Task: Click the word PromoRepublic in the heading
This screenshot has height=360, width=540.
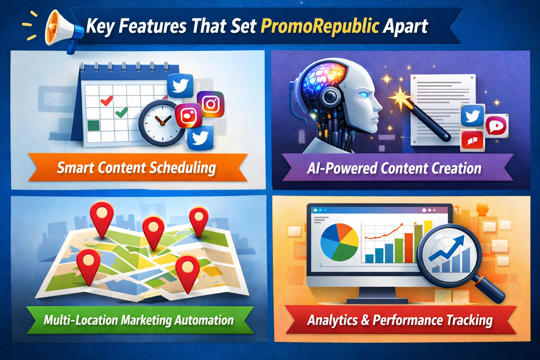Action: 320,26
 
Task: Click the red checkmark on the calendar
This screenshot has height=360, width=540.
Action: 106,101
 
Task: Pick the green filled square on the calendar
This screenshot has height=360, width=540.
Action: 93,126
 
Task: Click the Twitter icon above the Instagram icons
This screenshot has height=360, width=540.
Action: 180,85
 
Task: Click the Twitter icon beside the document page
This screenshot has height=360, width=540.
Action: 472,116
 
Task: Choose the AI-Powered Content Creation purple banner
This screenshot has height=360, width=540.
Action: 394,168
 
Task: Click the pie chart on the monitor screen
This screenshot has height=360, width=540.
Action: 339,243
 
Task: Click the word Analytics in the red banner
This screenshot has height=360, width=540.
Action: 333,320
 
